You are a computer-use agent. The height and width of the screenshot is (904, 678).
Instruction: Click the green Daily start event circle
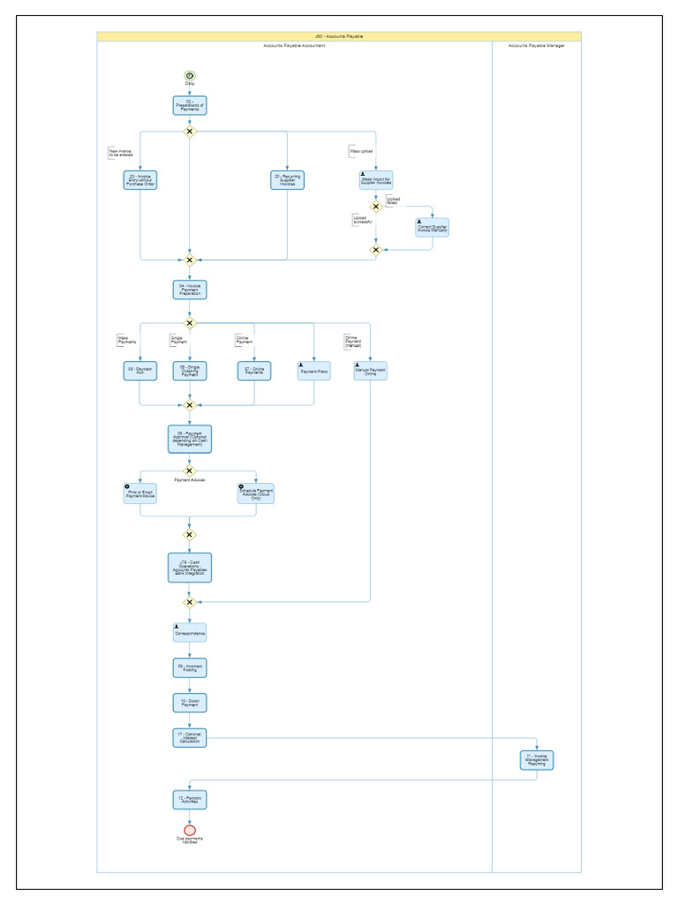(189, 76)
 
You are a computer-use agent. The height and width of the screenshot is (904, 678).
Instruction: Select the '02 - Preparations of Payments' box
(189, 106)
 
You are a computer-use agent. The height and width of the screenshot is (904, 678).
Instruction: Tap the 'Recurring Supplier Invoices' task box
(287, 180)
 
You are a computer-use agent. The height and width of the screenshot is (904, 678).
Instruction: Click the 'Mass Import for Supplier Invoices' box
(375, 180)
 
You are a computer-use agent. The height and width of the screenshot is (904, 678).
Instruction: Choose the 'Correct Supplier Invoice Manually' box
(432, 228)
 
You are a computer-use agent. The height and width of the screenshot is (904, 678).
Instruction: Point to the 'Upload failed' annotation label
(393, 200)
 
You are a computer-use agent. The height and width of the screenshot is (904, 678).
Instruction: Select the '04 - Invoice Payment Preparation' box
(189, 290)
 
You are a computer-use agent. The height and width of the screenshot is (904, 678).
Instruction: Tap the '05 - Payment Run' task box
(140, 371)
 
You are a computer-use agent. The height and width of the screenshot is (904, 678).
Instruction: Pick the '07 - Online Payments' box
(254, 371)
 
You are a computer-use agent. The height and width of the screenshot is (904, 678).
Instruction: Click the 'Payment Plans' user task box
(313, 371)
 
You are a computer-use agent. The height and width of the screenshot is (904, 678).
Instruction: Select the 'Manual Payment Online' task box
(371, 371)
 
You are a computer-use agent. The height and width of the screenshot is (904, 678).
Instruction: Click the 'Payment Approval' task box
(189, 439)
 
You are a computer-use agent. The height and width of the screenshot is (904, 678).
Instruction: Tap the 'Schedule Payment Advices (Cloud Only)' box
(255, 493)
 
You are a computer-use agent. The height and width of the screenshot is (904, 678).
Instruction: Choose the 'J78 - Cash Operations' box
(189, 568)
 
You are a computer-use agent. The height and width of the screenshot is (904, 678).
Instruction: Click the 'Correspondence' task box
(189, 632)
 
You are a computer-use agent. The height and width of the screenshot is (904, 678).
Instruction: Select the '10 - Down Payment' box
(189, 703)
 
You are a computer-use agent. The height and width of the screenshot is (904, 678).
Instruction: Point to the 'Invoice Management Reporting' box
(537, 759)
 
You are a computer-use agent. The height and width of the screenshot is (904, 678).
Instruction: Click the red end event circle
(189, 830)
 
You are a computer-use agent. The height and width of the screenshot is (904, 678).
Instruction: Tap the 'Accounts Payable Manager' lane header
(536, 45)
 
